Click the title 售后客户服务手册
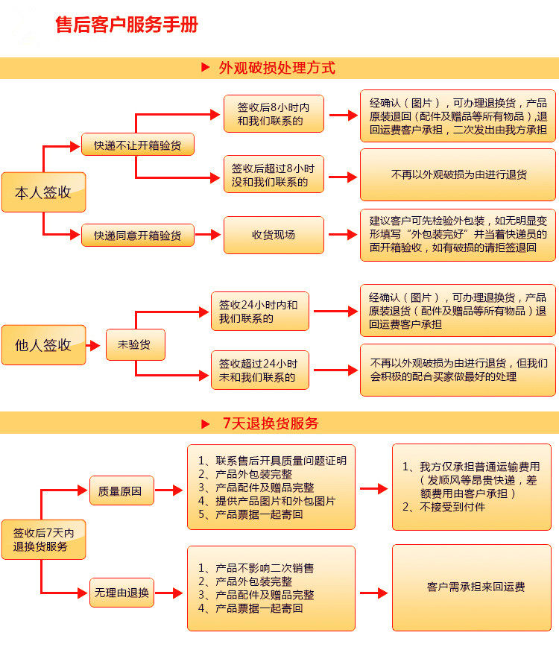127,25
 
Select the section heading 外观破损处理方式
277,68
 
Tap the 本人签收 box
43,192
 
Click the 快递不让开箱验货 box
137,145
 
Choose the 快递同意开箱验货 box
137,236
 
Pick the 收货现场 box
274,235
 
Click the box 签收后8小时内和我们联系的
274,114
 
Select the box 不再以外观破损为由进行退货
458,175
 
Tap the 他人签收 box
43,345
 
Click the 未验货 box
135,345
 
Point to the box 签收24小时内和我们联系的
259,312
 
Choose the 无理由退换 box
121,593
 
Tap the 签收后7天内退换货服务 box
43,540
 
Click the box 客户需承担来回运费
475,587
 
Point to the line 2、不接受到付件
443,507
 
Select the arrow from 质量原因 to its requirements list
169,490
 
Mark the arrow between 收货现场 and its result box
343,235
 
